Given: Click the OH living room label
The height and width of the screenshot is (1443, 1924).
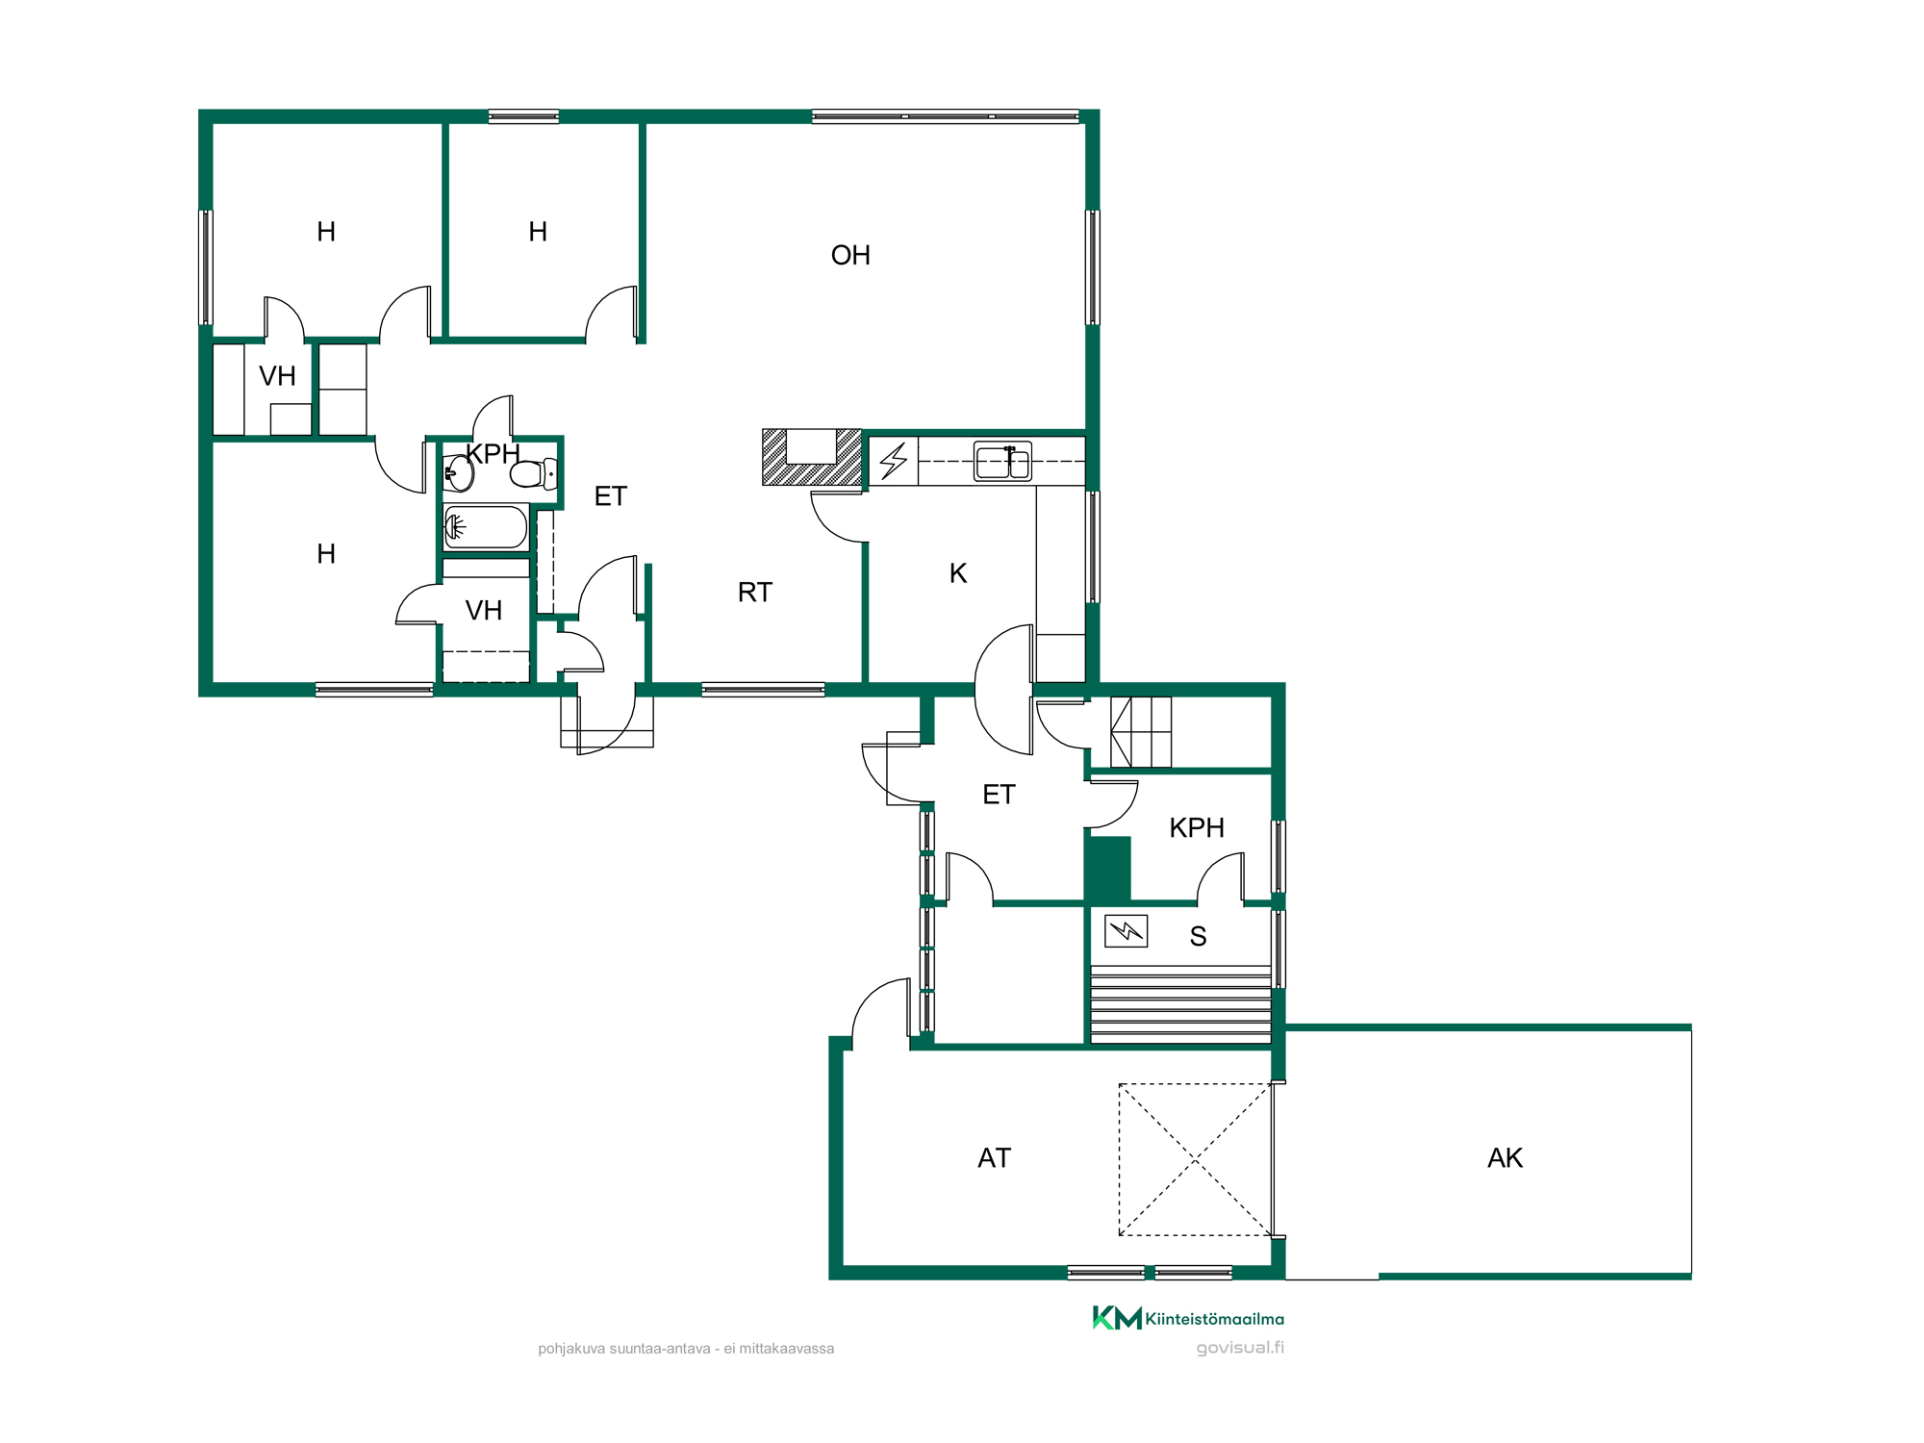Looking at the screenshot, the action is point(850,255).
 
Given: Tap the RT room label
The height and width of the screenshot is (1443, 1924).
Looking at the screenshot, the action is point(755,592).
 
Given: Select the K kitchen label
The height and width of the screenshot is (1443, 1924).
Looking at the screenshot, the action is point(958,573).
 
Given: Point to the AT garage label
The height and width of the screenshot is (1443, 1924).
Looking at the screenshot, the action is point(995,1157).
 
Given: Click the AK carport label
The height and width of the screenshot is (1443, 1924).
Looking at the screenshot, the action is point(1506,1157).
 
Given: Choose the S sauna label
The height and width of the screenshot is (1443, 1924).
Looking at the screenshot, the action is point(1198,936).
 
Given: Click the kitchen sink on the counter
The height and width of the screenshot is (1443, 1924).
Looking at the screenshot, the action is point(1002,461).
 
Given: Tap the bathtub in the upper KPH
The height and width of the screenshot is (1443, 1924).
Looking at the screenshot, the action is point(486,527).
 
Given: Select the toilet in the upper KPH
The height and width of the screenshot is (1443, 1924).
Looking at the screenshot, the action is point(534,473).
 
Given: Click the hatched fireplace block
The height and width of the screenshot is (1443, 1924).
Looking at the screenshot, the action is point(812,457).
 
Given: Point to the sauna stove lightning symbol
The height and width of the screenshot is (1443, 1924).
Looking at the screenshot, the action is point(1126,930).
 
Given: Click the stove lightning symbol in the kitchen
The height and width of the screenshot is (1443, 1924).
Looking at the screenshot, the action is point(894,461).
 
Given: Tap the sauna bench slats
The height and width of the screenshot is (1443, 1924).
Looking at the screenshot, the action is point(1180,1004).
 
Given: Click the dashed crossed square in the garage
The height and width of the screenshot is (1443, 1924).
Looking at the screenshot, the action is point(1196,1159).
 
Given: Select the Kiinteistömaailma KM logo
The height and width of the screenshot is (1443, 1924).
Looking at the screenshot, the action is point(1188,1318).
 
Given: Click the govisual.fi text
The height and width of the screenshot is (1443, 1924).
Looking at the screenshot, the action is point(1240,1348).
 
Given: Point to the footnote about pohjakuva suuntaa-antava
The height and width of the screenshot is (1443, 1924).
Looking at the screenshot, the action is point(686,1349).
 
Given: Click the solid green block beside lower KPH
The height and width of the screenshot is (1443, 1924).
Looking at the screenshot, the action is point(1108,870).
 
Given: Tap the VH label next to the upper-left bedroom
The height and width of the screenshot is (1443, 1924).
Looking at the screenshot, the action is point(277,376).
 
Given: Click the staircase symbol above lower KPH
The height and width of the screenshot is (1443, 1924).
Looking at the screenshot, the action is point(1141,732).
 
